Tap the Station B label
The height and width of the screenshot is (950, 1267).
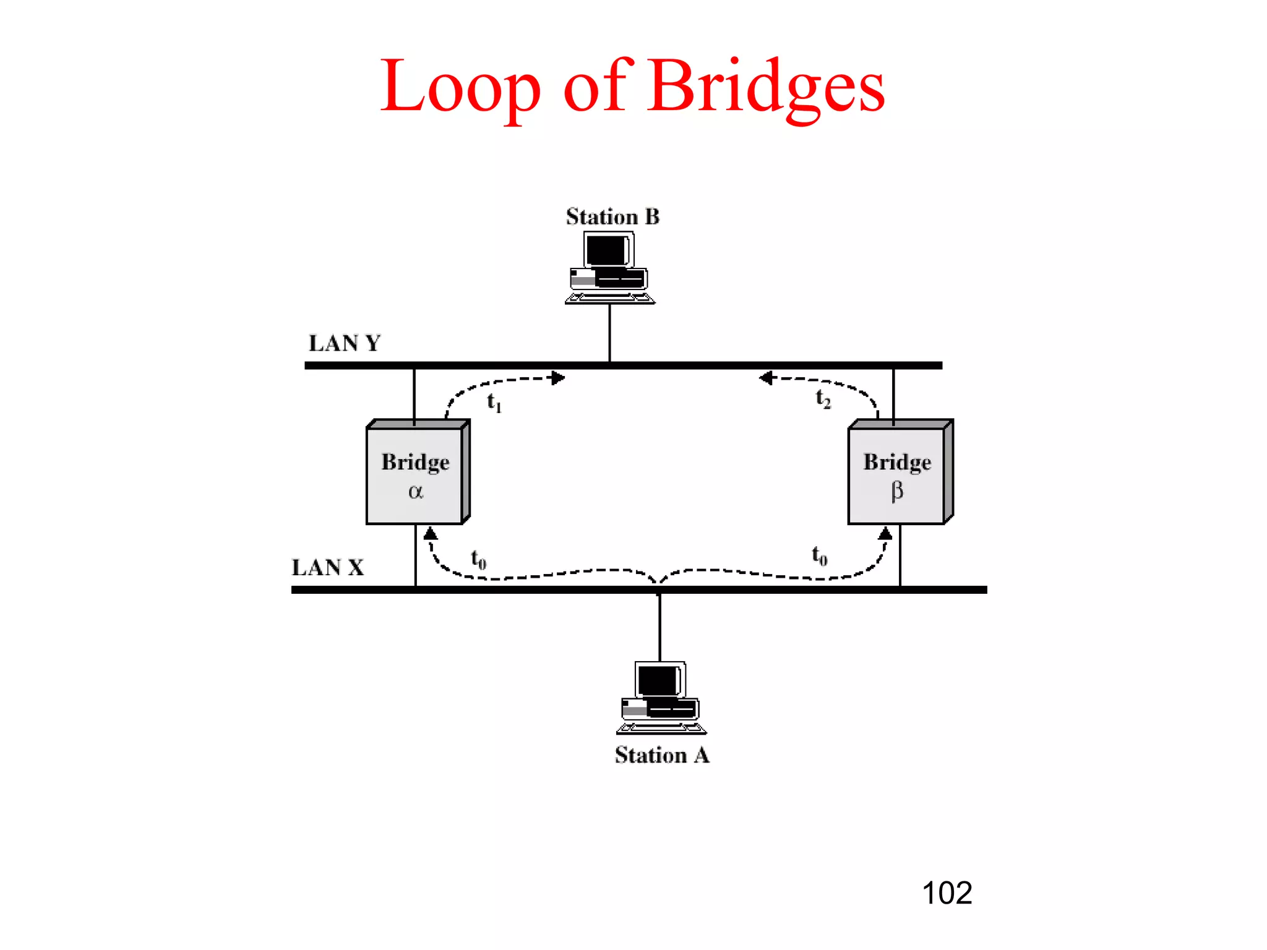(x=612, y=216)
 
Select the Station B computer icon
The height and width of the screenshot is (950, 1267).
(x=609, y=267)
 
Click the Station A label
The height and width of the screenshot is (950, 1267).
(x=662, y=755)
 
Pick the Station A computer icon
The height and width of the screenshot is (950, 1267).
(x=661, y=697)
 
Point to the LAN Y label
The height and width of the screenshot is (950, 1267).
(x=345, y=343)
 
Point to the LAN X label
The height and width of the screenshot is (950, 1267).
(x=328, y=567)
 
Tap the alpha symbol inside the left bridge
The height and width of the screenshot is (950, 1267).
(x=416, y=492)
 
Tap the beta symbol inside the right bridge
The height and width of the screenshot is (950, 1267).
(x=897, y=491)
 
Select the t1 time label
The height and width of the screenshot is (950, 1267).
(x=494, y=403)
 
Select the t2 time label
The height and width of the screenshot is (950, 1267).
(x=823, y=398)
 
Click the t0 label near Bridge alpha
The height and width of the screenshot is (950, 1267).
(x=478, y=559)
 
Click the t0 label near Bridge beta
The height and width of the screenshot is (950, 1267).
(x=819, y=555)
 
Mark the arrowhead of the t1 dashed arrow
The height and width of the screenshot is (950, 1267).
(x=559, y=378)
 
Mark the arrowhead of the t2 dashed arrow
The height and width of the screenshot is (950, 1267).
(x=766, y=378)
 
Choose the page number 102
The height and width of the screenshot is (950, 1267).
(x=947, y=893)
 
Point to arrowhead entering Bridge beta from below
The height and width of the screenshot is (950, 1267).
(x=885, y=533)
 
